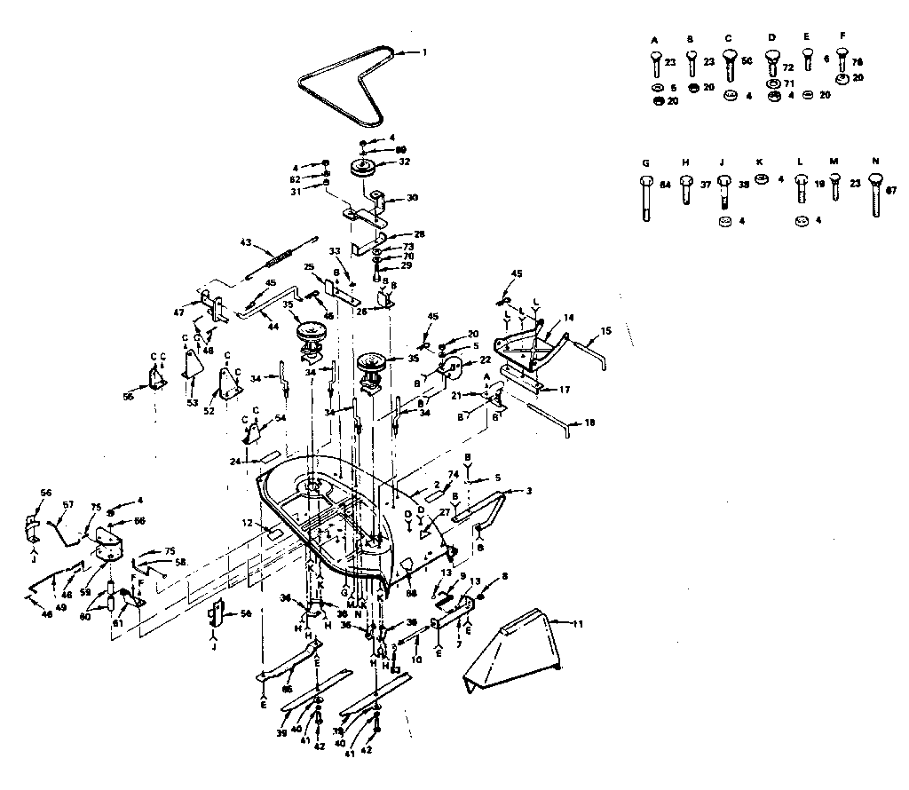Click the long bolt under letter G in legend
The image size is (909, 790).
pos(644,196)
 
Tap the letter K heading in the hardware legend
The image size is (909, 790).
pos(759,162)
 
